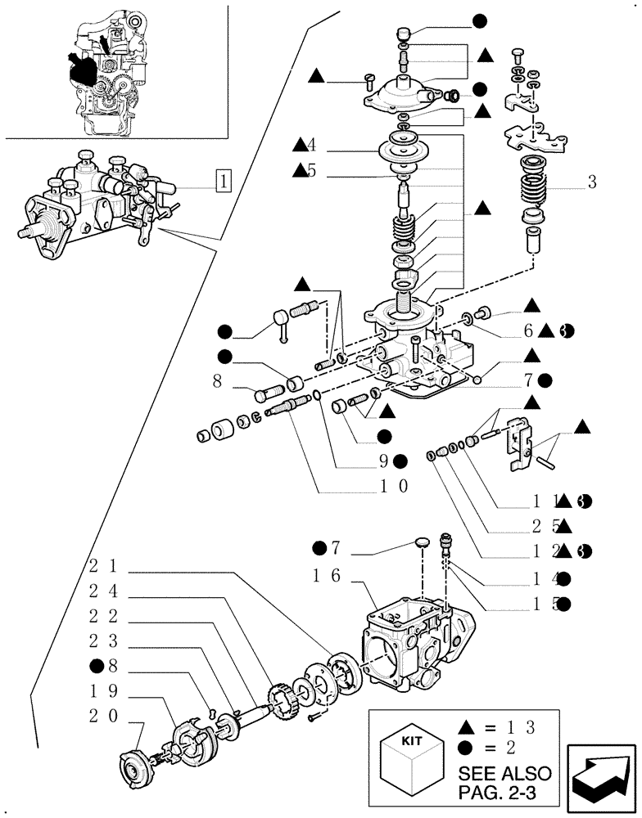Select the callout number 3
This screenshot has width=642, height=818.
[x=591, y=182]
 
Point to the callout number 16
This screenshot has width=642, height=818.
[x=331, y=577]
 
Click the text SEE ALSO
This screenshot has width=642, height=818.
[x=504, y=773]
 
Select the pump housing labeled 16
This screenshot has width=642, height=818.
[x=409, y=646]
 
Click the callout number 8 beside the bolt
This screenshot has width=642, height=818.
[x=217, y=380]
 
